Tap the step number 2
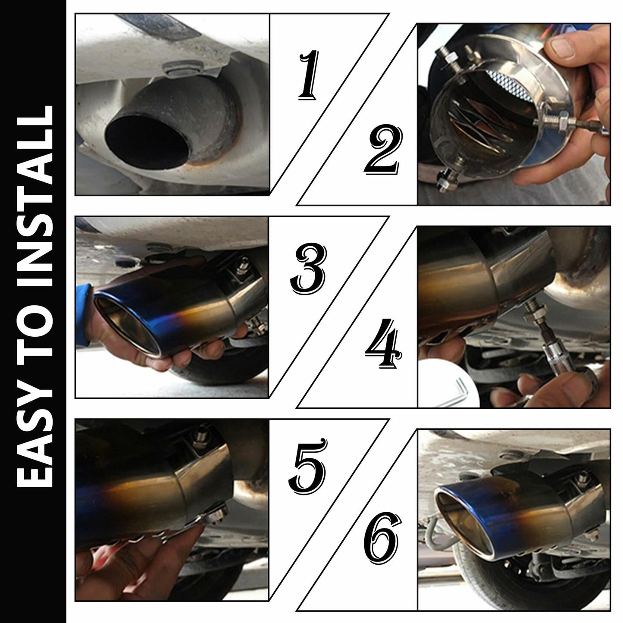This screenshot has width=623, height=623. pos(384,149)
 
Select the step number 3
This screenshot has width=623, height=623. pos(308,269)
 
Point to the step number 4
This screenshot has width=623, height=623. pos(384,343)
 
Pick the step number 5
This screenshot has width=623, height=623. pos(307,467)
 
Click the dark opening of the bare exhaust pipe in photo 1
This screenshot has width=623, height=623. pos(147,140)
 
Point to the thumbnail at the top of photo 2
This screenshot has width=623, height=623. pos(562,47)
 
